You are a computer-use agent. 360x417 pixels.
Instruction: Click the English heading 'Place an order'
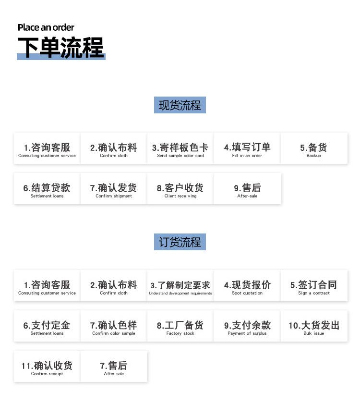[46, 27]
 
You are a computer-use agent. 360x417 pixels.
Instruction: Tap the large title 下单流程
[61, 48]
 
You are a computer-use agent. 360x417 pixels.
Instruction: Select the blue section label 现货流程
[180, 105]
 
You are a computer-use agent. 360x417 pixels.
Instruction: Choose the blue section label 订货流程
[180, 242]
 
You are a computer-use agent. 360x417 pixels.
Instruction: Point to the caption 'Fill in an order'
[247, 156]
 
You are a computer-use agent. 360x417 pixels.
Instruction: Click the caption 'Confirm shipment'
[113, 196]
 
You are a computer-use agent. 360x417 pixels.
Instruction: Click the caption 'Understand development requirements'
[180, 293]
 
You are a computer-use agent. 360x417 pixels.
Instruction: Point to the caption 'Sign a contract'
[314, 293]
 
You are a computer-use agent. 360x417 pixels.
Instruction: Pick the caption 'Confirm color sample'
[113, 333]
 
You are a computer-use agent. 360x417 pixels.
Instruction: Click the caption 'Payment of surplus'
[247, 333]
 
